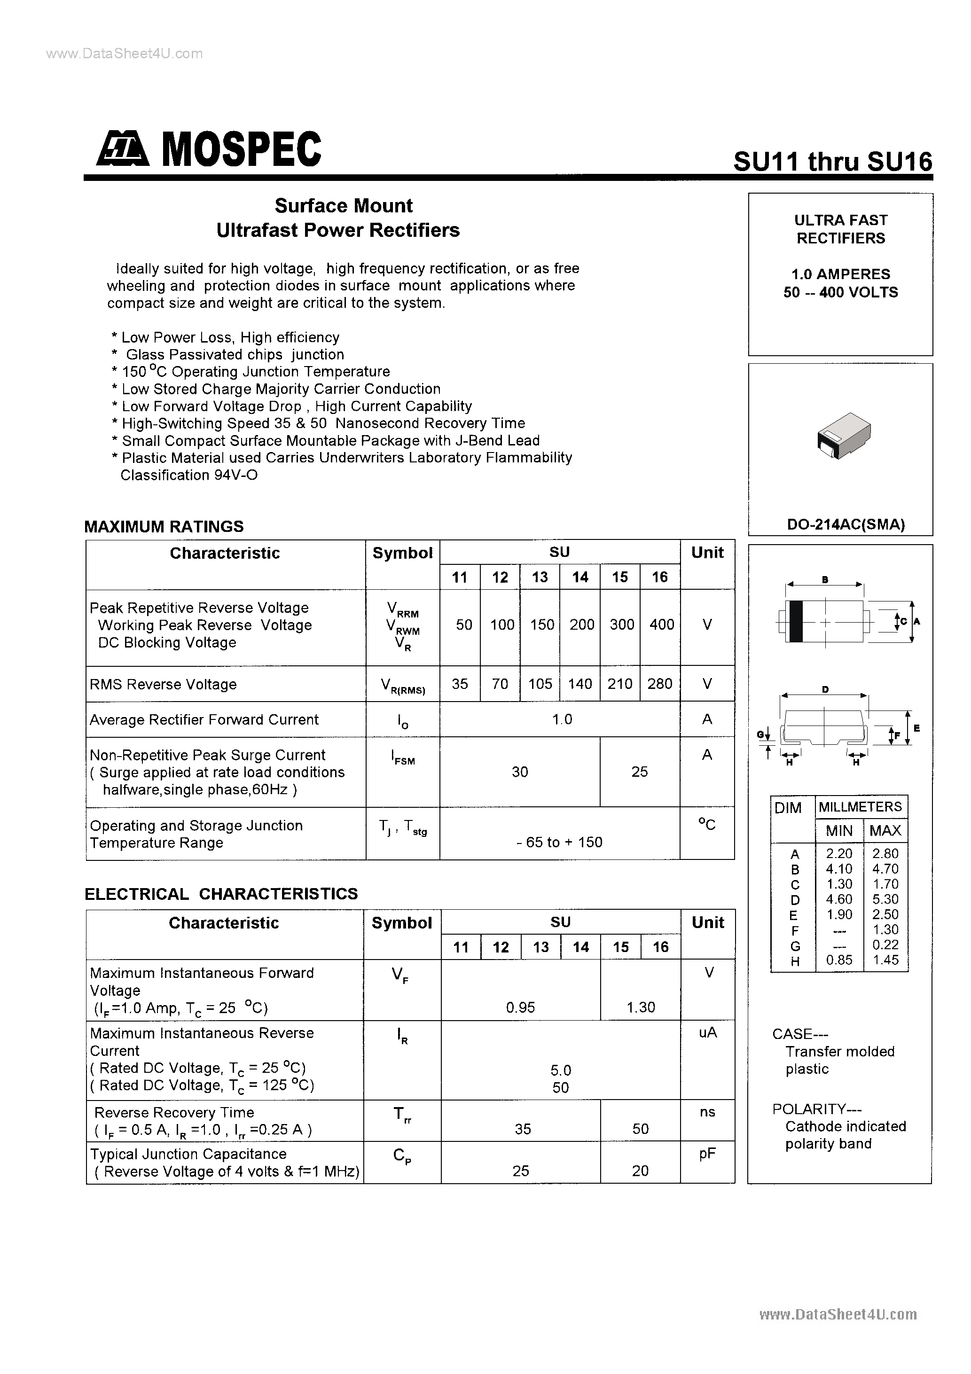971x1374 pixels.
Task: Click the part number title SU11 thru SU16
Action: (x=832, y=162)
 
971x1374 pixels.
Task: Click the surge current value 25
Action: (x=639, y=772)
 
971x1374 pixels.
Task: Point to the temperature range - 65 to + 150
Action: (x=559, y=842)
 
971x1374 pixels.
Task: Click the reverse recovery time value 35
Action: (x=523, y=1129)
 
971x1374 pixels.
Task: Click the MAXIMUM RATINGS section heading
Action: (x=164, y=527)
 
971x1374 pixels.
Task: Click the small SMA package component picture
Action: (x=844, y=435)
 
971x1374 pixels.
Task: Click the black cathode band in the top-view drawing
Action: (x=796, y=621)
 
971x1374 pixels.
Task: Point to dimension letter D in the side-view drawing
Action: (x=825, y=689)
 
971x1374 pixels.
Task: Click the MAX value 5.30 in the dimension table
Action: (x=885, y=899)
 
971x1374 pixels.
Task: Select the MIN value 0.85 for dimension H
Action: (x=839, y=960)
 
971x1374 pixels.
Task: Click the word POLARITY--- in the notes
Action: (x=808, y=1109)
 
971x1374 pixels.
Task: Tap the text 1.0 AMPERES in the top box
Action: (x=840, y=274)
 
